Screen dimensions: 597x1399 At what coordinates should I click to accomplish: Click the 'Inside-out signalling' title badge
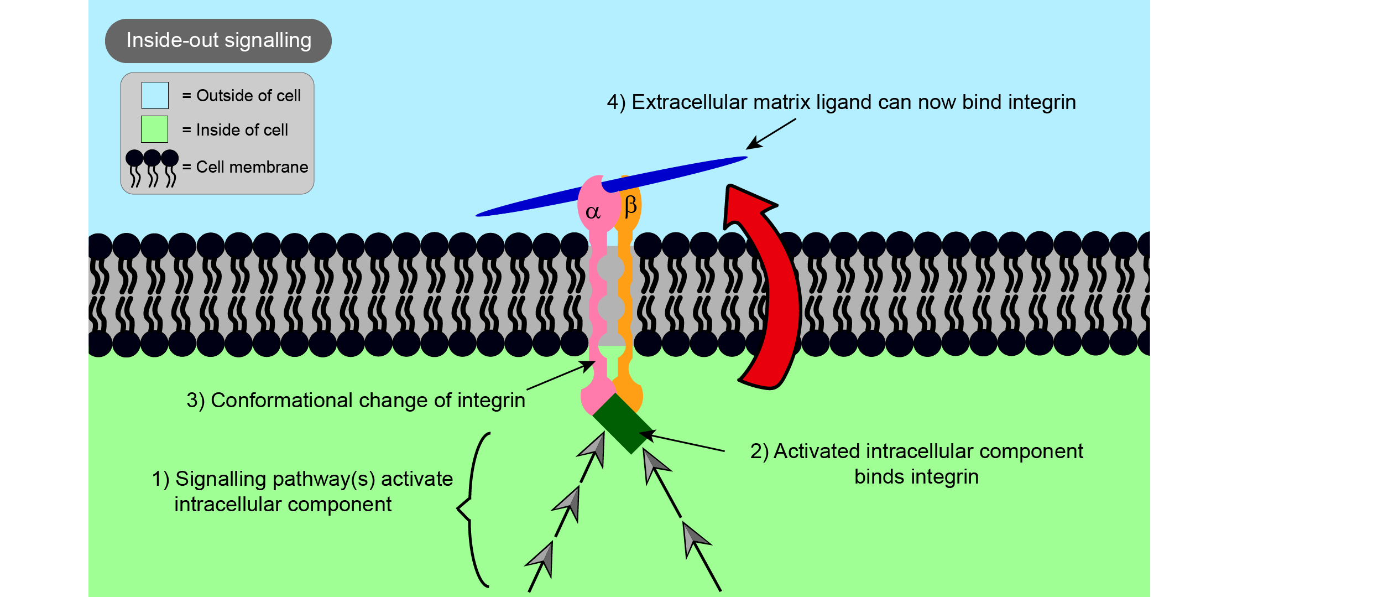click(x=218, y=41)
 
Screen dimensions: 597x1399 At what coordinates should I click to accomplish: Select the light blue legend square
click(x=155, y=95)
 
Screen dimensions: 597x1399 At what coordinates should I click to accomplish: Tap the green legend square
click(x=155, y=129)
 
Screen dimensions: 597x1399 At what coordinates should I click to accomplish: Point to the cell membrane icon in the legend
click(x=152, y=168)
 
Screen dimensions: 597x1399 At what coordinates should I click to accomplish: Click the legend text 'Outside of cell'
click(x=248, y=96)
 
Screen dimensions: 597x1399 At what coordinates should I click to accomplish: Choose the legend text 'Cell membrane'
click(x=252, y=167)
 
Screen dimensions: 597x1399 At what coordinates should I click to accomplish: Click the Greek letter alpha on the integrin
click(x=593, y=212)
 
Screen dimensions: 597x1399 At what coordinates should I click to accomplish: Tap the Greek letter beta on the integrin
click(x=630, y=206)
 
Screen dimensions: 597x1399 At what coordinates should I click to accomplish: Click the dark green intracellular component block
click(x=623, y=424)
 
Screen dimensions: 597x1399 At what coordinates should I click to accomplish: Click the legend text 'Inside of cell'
click(x=242, y=130)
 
